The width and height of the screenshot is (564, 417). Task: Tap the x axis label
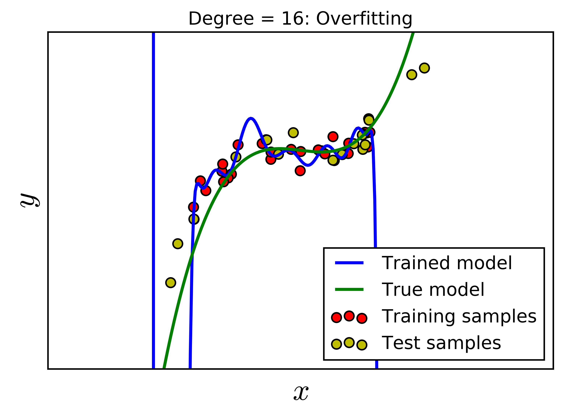pos(301,393)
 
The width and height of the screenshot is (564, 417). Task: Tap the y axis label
pos(30,200)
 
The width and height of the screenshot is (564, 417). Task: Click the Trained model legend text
pos(447,263)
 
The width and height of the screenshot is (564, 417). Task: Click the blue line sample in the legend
pos(349,263)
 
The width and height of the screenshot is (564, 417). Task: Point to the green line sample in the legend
pos(349,289)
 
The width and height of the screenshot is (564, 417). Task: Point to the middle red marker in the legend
pos(349,316)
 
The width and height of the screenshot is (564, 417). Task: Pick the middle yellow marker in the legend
pos(349,343)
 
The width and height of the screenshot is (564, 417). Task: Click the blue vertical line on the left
pos(153,202)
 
